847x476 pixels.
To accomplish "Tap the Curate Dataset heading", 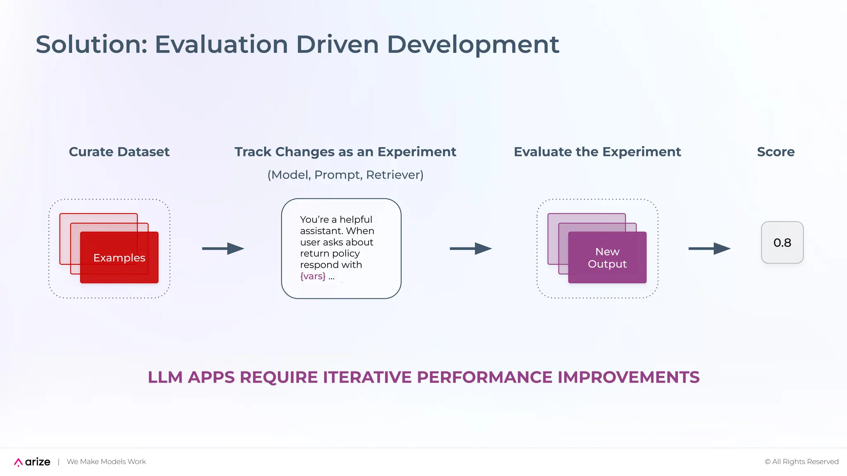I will pos(119,152).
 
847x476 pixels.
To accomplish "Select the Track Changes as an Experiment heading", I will pos(345,152).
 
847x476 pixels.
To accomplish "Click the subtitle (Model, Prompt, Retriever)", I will pos(345,175).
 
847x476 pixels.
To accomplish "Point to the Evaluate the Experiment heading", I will pos(597,152).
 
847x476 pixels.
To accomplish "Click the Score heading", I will pos(775,152).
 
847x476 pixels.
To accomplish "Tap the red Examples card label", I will pos(119,258).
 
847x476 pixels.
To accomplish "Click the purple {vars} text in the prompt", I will pos(313,276).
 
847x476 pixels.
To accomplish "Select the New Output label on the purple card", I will pos(607,258).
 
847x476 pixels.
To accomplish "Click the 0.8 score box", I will pos(782,243).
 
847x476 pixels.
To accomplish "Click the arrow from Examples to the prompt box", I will pos(223,248).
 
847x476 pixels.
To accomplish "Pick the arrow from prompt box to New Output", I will pos(471,248).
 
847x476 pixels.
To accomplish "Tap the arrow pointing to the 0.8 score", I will pos(709,248).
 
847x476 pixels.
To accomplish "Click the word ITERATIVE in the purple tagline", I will pos(367,377).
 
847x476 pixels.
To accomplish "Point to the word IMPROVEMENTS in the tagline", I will pos(628,377).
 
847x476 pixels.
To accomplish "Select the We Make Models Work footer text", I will pos(106,462).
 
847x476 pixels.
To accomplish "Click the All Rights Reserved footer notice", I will pos(802,462).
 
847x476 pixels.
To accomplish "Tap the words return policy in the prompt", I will pos(330,253).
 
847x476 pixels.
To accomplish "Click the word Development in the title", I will pos(473,44).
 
